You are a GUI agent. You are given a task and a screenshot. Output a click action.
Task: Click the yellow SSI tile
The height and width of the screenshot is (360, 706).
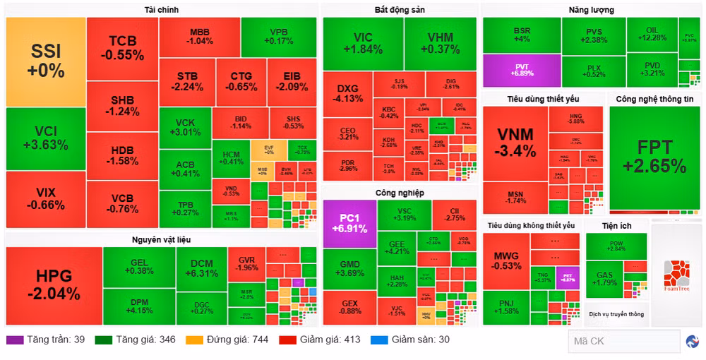pos(46,61)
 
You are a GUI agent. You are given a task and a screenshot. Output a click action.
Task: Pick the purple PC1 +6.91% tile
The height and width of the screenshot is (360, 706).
pos(349,223)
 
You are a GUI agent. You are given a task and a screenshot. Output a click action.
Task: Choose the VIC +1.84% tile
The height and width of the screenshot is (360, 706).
pos(362,43)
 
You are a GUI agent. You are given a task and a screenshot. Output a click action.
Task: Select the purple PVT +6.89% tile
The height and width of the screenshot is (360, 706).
pos(522,71)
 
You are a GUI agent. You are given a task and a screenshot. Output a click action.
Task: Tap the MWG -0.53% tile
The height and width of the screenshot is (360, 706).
pos(506,260)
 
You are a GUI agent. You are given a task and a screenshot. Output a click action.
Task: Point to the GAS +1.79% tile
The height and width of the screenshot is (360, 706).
pos(605,278)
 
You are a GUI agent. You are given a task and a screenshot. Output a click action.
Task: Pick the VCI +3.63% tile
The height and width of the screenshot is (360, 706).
pos(45,138)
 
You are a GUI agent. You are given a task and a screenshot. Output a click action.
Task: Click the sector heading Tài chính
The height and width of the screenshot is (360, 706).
pos(162,10)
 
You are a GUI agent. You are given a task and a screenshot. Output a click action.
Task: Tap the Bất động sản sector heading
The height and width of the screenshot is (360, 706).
pos(399,10)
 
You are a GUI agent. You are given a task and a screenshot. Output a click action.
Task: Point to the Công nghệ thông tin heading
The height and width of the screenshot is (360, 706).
pos(654,99)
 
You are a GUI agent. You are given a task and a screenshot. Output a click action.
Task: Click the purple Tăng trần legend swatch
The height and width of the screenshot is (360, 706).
pos(15,340)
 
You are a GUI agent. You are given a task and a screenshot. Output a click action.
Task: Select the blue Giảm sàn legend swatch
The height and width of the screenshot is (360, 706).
pos(379,340)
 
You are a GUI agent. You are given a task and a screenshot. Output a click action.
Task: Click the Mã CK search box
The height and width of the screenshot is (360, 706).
pos(623,341)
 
